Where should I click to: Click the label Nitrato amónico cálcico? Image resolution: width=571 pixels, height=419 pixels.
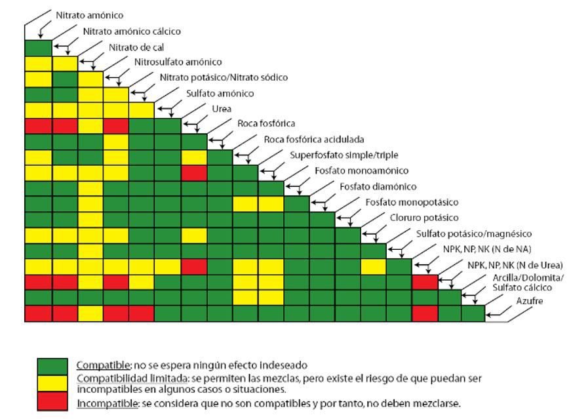click(x=132, y=31)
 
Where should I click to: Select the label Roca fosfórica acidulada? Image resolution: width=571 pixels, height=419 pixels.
click(x=314, y=139)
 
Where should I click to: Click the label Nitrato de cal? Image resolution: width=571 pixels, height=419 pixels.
click(x=136, y=47)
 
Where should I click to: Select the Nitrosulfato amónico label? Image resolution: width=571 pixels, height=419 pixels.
click(x=178, y=62)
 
